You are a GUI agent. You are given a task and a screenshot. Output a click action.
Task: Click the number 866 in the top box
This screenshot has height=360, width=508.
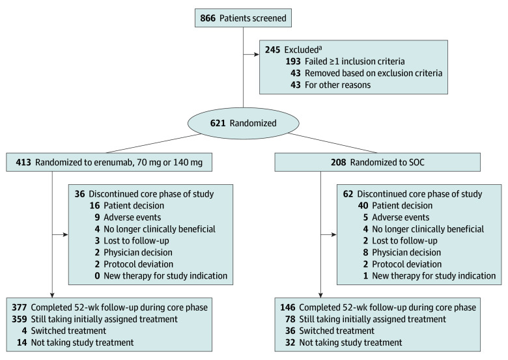coord(208,18)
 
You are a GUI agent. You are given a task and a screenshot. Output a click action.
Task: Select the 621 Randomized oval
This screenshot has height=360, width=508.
coord(244,123)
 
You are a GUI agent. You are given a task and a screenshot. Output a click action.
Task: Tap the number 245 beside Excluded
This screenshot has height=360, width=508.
coord(272,49)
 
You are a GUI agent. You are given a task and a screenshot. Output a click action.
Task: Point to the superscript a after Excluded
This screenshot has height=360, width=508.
coord(320,48)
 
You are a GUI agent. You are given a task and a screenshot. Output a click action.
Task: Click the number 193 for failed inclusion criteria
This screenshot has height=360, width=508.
coord(293,61)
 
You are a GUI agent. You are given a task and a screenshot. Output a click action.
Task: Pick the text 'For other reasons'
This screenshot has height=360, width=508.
coord(337,85)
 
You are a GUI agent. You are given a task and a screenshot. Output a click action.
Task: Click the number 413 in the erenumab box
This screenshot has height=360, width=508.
coord(23,162)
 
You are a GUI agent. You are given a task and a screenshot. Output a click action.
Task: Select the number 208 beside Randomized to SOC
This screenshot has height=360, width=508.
coord(338,162)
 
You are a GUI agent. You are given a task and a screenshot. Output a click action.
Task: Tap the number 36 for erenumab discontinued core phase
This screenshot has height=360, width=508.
coord(79,194)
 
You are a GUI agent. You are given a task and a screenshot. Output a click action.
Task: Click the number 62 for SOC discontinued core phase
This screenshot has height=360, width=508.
coord(348,194)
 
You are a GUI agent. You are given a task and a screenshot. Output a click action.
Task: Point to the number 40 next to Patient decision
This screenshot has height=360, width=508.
coord(363,206)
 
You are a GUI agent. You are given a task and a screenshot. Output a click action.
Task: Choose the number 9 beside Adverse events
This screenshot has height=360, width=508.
coord(97,217)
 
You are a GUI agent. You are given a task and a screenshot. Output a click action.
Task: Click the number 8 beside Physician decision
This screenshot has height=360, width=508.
coord(366,252)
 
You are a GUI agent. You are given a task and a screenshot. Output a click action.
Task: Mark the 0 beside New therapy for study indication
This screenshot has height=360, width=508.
coord(97,276)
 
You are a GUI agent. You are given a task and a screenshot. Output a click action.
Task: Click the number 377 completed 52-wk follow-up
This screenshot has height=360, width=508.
coord(20,307)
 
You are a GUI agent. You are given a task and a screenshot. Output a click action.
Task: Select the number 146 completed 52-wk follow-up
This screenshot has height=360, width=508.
coord(288,307)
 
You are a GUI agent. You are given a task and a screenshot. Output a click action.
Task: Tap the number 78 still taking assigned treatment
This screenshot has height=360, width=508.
coord(290,319)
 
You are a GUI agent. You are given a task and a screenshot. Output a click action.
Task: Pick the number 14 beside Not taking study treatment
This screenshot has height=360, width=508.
coord(21,342)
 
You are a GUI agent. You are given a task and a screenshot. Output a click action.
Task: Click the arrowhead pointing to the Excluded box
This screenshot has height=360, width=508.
coord(257,55)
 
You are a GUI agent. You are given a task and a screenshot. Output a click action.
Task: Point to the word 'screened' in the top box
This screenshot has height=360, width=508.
coord(269,18)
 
